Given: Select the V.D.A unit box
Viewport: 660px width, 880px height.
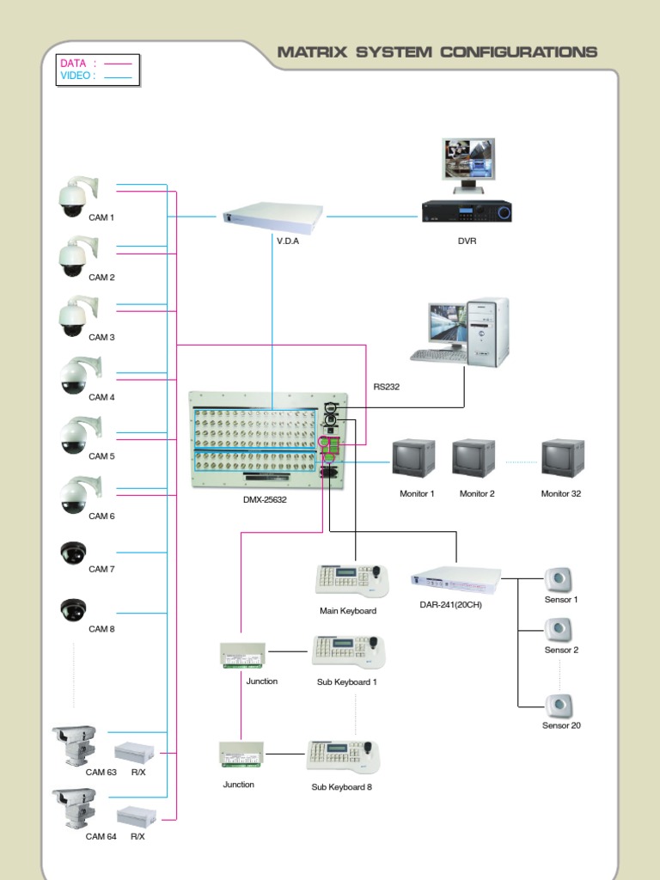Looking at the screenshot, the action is point(272,218).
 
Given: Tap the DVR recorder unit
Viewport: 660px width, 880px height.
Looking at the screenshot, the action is point(467,211).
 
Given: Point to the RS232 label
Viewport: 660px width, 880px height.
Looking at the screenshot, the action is point(386,387).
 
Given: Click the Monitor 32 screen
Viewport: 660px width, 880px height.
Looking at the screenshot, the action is point(562,459).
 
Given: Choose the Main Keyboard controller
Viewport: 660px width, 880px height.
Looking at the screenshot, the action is point(351,580).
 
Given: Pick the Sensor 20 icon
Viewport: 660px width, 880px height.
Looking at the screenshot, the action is point(559,706).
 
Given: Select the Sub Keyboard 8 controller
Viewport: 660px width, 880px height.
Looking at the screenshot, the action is point(344,756).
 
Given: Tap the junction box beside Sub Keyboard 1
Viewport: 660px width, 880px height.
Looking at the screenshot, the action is point(242,655).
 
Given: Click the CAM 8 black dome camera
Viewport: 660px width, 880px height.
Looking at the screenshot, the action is point(74,610).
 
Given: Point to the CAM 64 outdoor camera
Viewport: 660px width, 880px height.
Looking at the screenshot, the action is point(74,808).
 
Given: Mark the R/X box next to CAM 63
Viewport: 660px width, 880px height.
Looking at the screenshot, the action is point(134,753).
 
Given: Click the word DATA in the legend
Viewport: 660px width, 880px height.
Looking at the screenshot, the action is point(73,64).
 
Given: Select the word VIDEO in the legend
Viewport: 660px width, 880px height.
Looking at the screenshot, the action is point(76,76).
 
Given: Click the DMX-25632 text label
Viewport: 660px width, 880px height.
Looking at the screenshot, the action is point(265,499).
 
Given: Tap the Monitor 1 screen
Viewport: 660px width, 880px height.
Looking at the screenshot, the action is point(413,459).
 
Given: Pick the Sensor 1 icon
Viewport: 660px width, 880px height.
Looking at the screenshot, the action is point(559,580).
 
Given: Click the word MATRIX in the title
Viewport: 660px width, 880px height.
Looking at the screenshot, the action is point(313,52).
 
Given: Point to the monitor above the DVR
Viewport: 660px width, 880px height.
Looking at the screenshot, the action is point(469,164).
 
